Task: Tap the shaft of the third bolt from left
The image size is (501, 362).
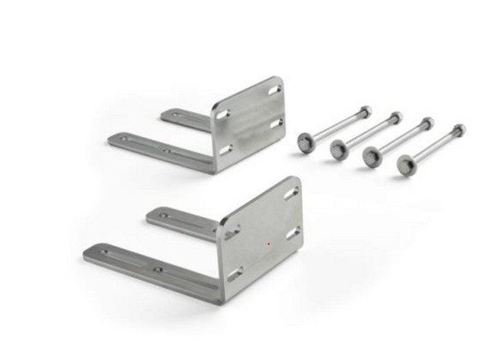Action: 400,140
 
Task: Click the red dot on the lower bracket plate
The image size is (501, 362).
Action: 268,243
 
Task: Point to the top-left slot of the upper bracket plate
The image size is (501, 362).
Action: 223,115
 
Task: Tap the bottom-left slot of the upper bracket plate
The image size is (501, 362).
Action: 225,149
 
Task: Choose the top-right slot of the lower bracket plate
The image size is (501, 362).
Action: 291,192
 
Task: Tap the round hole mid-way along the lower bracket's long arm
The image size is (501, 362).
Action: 158,270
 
